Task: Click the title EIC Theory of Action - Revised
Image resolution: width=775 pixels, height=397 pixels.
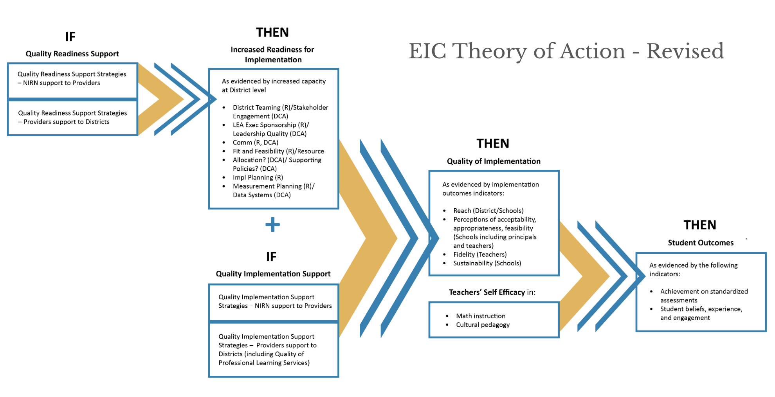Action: [x=566, y=51]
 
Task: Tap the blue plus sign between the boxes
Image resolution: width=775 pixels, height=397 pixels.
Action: [x=272, y=225]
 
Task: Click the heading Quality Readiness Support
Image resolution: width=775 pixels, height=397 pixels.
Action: [x=72, y=54]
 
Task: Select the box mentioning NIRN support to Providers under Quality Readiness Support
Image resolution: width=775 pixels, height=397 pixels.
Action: [x=72, y=80]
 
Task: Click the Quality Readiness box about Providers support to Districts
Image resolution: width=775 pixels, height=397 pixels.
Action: [x=72, y=118]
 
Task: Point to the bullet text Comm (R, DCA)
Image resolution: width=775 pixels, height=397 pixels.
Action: [x=256, y=143]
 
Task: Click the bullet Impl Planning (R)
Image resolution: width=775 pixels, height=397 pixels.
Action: [x=258, y=177]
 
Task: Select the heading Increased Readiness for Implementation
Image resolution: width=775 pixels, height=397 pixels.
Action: [x=273, y=54]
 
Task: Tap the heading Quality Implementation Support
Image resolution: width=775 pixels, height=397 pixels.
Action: [x=273, y=274]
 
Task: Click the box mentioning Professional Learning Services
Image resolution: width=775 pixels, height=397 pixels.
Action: [x=274, y=350]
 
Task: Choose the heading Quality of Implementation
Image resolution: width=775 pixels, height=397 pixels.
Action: [x=494, y=161]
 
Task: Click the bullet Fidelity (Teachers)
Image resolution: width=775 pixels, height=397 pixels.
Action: [x=480, y=254]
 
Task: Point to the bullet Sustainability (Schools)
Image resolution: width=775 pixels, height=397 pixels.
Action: [x=487, y=263]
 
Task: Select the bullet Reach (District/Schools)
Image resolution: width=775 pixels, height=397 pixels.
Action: [x=488, y=211]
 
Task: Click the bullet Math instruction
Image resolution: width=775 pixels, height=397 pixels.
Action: [x=481, y=316]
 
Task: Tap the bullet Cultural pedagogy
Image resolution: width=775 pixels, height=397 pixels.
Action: [x=483, y=325]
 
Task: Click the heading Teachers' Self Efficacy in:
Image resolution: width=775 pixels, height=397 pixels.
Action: [x=492, y=292]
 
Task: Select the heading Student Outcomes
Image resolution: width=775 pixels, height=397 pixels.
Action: [x=701, y=243]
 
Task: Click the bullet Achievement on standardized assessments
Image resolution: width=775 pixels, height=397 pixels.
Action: [x=704, y=296]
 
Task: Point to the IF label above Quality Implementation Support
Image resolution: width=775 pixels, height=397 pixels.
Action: [x=271, y=256]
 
